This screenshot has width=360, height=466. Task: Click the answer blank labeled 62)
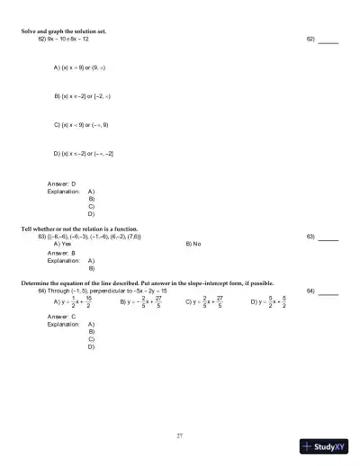coord(328,40)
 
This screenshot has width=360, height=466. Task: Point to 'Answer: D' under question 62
coord(61,184)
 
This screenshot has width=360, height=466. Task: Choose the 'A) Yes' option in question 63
coord(63,244)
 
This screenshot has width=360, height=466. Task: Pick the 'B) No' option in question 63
coord(193,244)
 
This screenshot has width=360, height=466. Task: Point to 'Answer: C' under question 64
coord(61,317)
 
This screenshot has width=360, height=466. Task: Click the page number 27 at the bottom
coord(180,435)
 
